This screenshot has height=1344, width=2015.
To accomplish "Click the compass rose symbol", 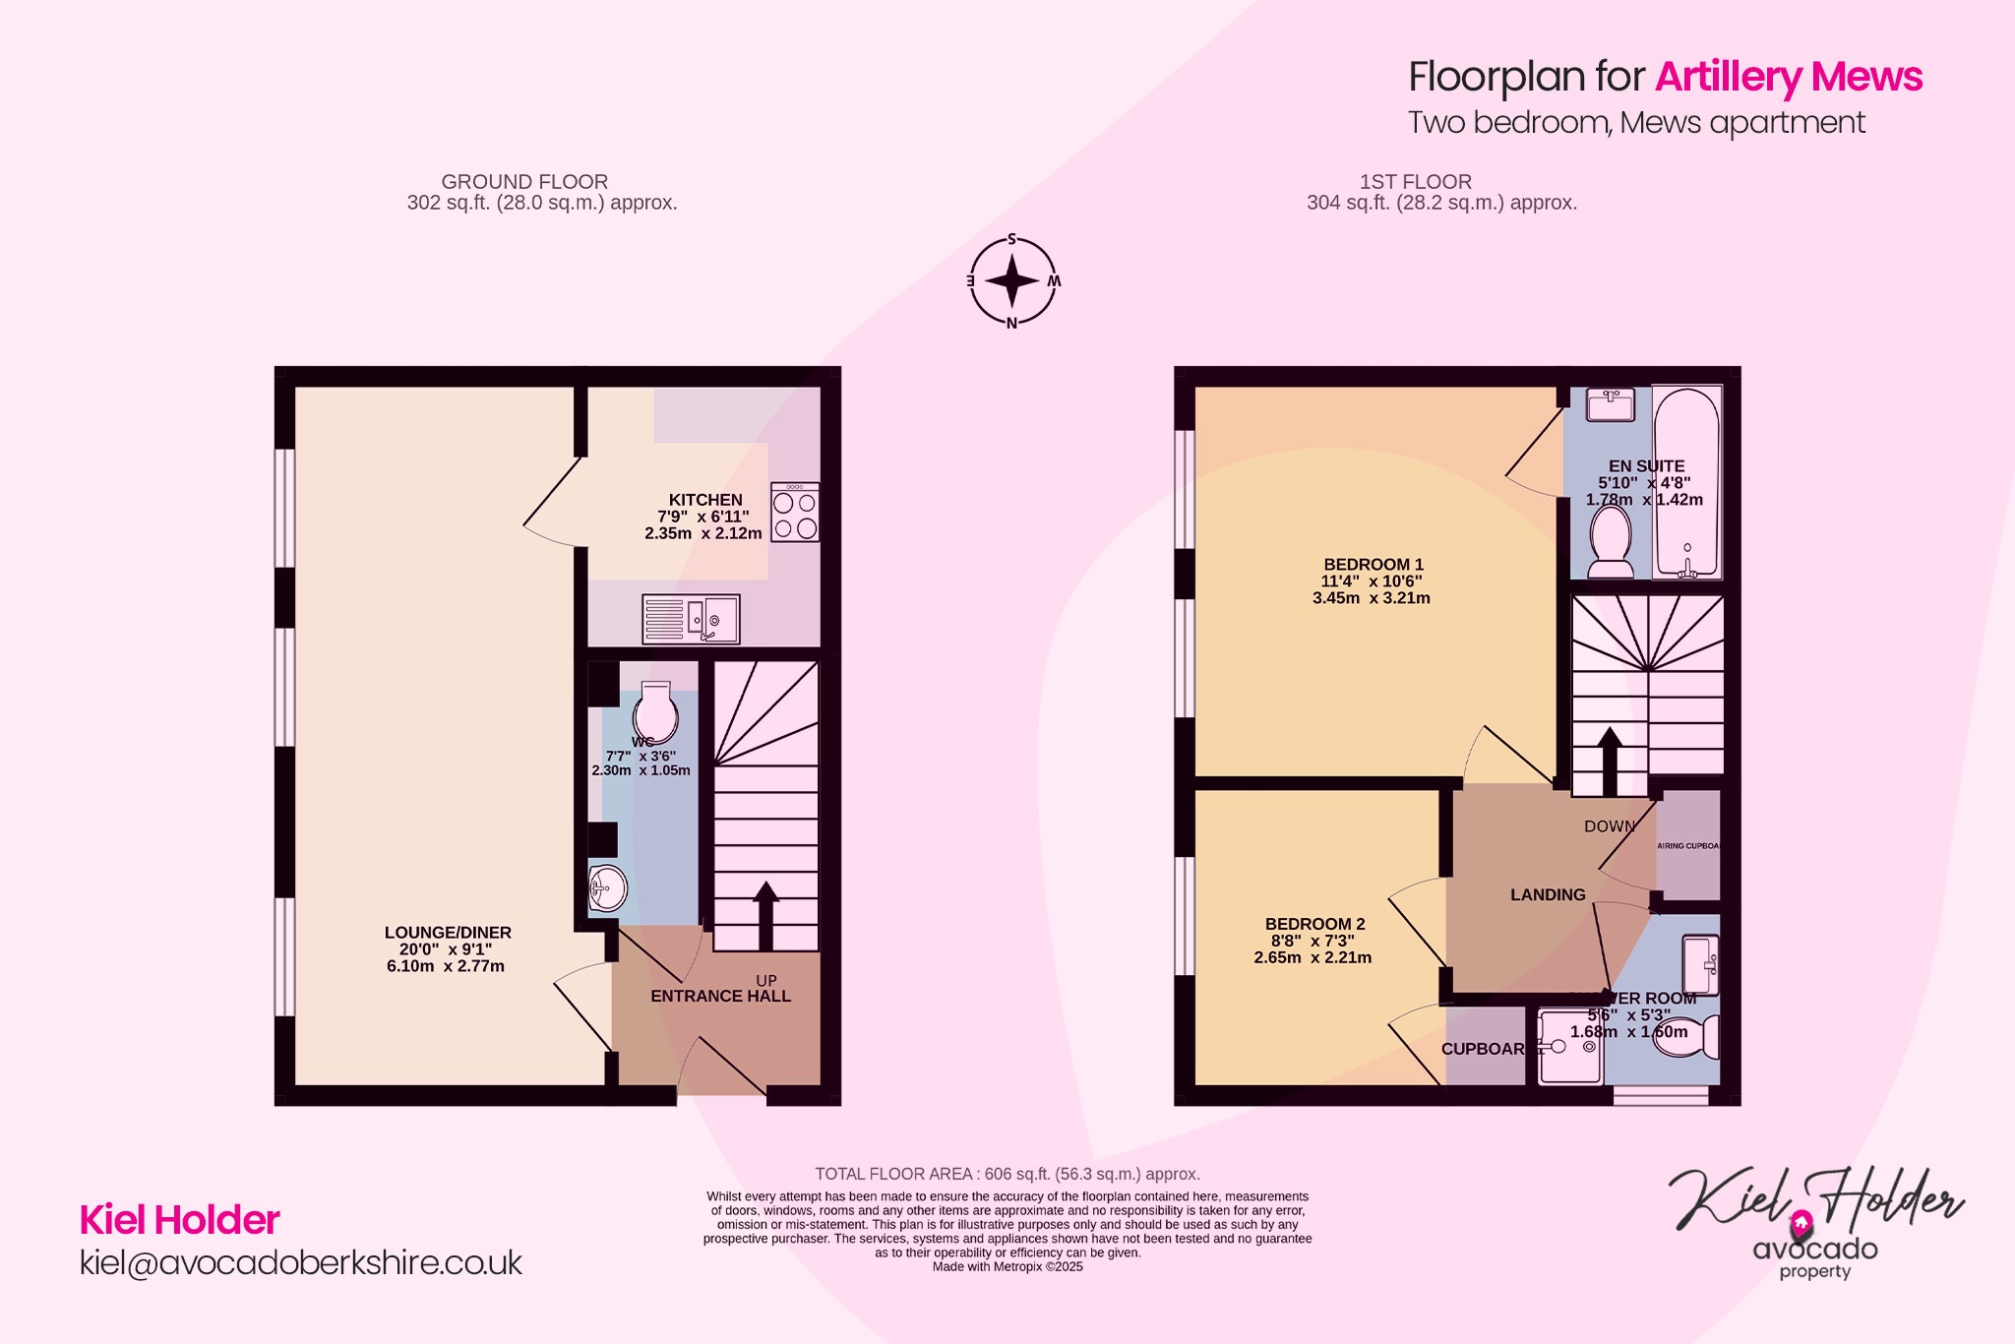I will click(1012, 281).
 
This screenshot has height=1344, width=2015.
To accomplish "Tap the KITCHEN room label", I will click(705, 500).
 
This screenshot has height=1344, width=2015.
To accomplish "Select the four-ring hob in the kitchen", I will click(795, 513).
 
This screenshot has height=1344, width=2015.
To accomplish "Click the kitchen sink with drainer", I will click(691, 620).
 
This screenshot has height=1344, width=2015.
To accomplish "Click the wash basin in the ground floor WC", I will click(607, 889).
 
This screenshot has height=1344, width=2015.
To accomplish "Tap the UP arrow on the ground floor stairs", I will click(765, 915).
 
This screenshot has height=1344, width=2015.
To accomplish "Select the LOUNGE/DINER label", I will click(448, 933).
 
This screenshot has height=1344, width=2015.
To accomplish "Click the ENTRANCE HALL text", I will click(720, 997).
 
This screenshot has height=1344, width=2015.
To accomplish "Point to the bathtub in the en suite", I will click(1686, 482).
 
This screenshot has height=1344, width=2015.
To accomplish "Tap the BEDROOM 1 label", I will click(1374, 565).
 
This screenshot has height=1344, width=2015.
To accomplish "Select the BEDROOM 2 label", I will click(1314, 924).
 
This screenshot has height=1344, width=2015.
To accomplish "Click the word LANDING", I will click(1548, 895).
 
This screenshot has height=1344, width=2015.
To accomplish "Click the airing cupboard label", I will click(1688, 846).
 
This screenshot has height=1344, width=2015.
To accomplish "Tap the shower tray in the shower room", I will click(1570, 1047).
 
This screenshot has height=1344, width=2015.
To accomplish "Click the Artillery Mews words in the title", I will click(1788, 77).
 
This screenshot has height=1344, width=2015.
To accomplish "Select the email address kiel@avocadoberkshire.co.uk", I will click(301, 1263).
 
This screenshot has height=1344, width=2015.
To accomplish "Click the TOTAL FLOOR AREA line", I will click(1007, 1174).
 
